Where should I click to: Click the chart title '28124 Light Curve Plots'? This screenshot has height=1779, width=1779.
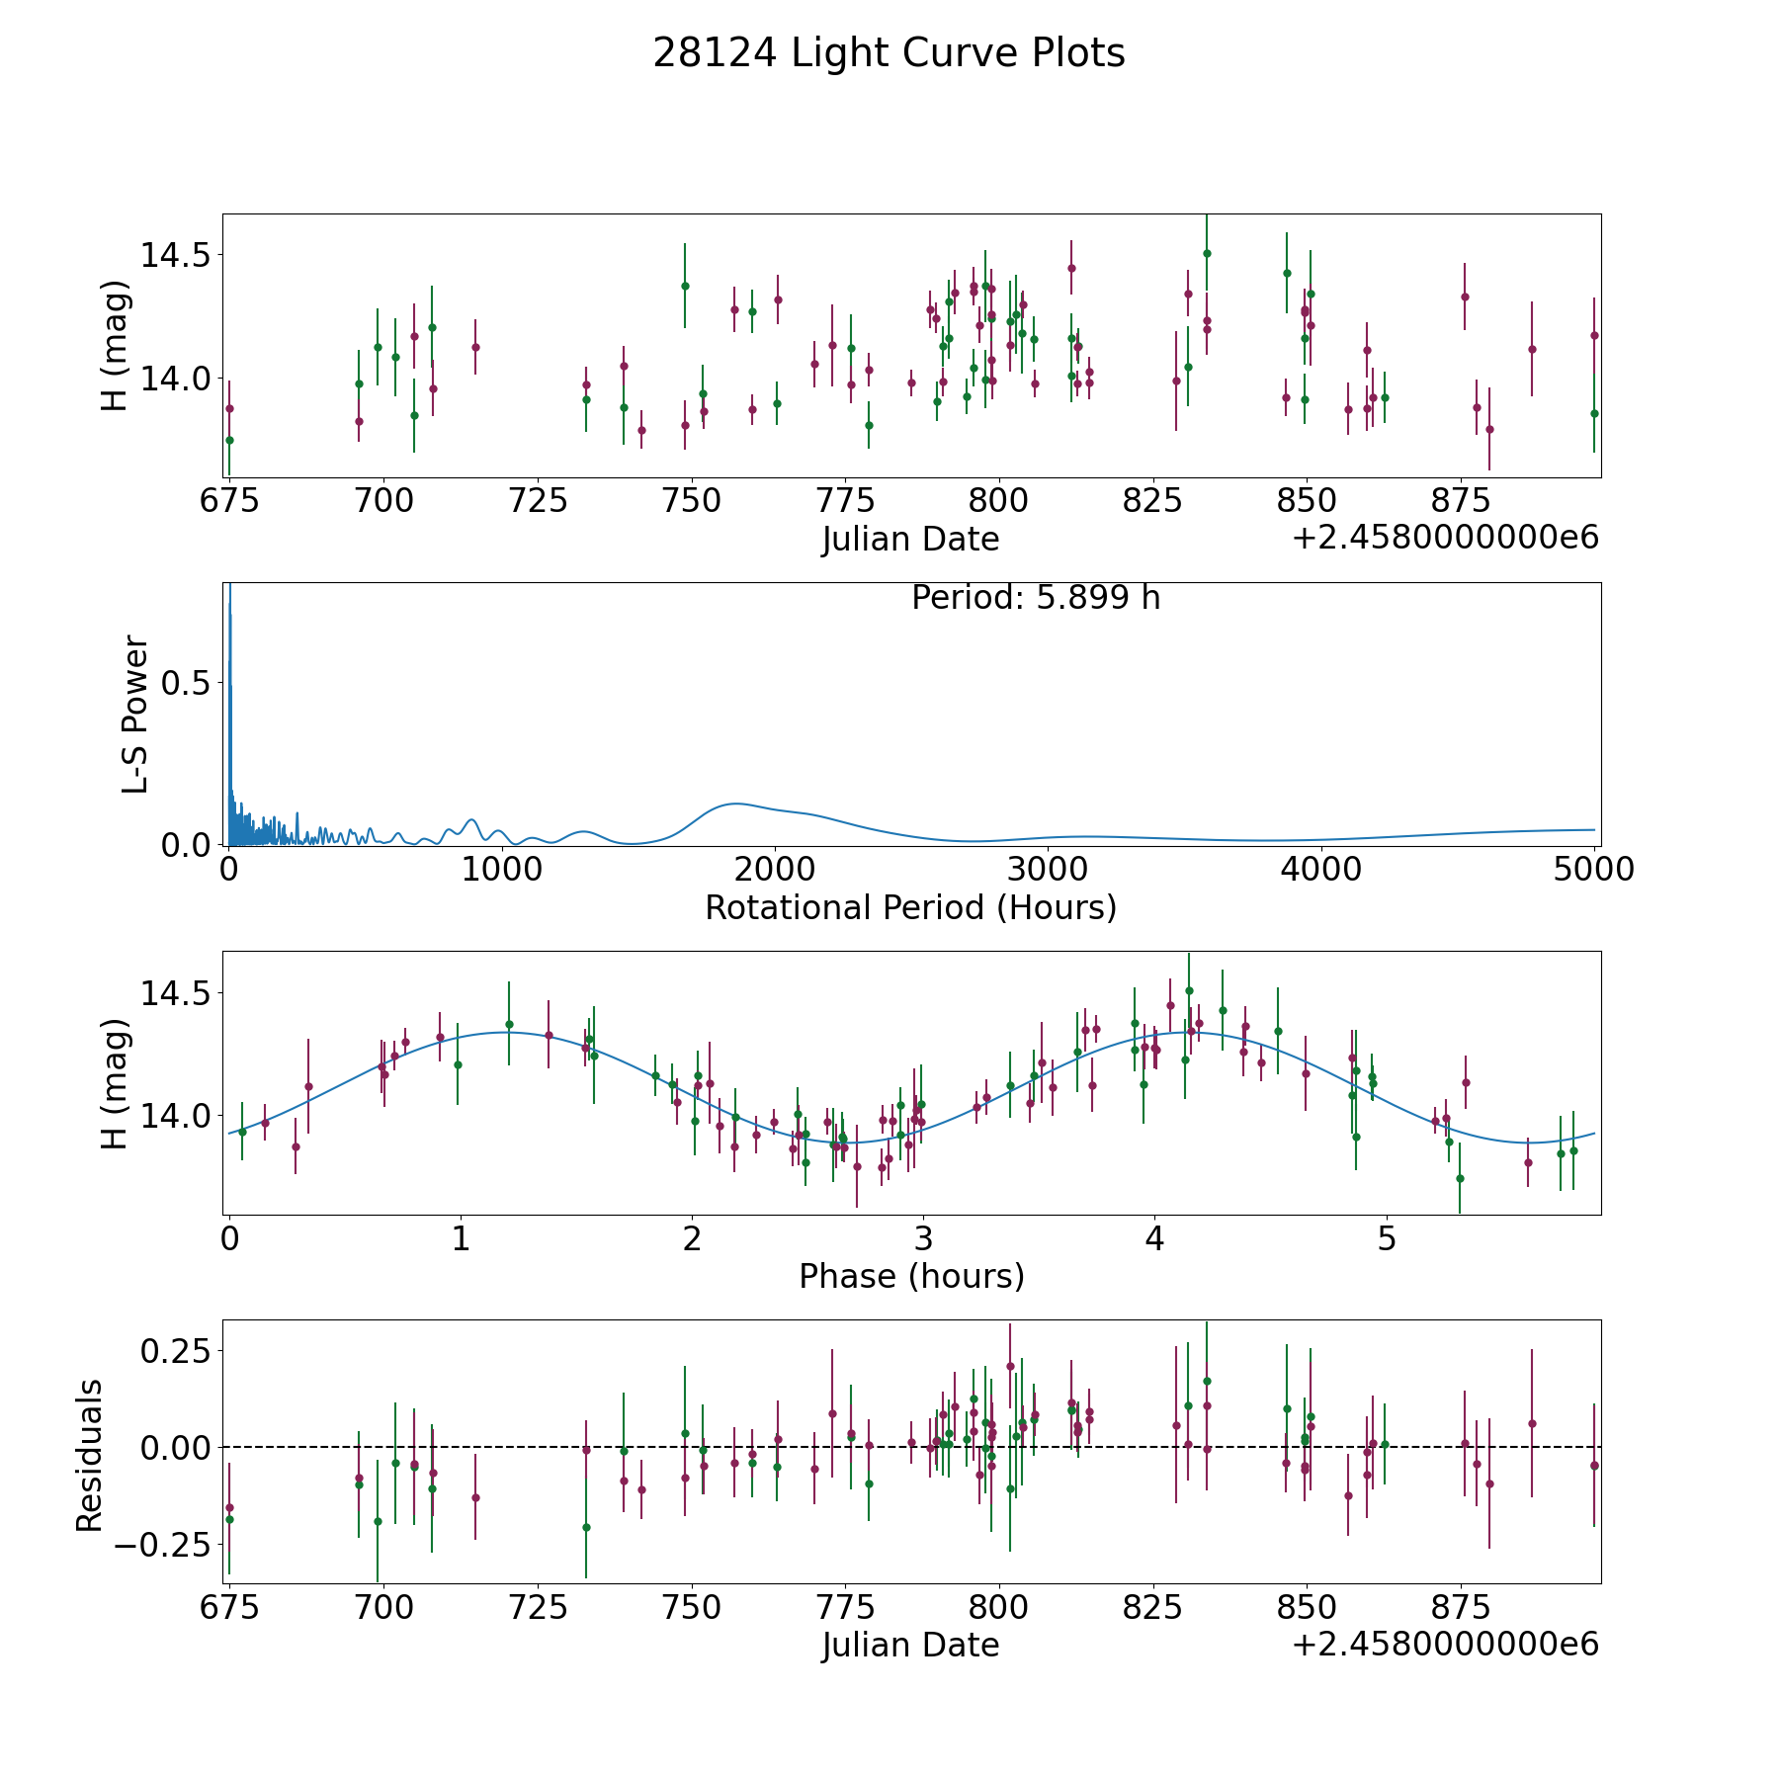(x=889, y=53)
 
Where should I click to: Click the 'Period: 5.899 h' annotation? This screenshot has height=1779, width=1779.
(x=1035, y=598)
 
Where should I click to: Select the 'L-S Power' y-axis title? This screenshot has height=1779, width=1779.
(x=135, y=714)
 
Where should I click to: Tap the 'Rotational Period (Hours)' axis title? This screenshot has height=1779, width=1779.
(x=910, y=907)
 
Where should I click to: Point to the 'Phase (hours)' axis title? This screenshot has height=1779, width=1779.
(x=910, y=1276)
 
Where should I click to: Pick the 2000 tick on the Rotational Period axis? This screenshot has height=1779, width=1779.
(x=775, y=869)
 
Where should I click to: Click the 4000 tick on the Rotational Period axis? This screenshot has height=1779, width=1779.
(x=1321, y=869)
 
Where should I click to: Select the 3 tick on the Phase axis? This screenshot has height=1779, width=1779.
(x=923, y=1238)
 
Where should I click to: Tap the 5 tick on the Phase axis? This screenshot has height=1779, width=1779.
(x=1387, y=1238)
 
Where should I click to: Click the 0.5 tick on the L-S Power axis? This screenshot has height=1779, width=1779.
(x=188, y=683)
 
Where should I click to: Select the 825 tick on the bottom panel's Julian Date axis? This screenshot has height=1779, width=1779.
(x=1152, y=1607)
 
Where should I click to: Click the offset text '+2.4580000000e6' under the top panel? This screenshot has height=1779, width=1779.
(x=1445, y=538)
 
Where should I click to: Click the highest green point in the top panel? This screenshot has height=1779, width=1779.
(x=1207, y=253)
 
